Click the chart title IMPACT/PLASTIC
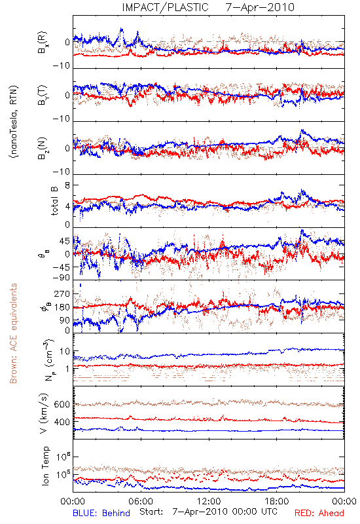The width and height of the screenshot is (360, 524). [x=165, y=7]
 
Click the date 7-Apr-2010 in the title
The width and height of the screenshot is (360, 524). [x=260, y=7]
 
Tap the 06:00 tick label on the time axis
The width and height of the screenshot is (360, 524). [x=141, y=501]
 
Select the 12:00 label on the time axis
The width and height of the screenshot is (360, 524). [x=209, y=501]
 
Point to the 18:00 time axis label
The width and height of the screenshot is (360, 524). [x=277, y=501]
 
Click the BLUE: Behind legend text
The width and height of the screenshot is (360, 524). [x=101, y=513]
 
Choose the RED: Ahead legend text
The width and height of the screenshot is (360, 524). [x=319, y=513]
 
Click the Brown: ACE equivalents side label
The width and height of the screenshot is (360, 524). [x=13, y=333]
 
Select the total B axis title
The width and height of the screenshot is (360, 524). [x=54, y=201]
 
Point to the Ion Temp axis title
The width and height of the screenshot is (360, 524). [x=45, y=466]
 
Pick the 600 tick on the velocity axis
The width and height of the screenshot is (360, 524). [x=62, y=404]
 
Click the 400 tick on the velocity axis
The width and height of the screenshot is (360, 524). [x=62, y=422]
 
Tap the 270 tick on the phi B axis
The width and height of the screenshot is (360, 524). [x=62, y=293]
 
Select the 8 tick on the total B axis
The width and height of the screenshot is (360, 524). [x=67, y=185]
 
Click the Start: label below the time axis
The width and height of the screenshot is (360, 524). [x=151, y=512]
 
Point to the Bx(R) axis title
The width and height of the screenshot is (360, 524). [x=43, y=43]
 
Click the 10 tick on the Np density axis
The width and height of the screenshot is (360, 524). [x=65, y=352]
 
